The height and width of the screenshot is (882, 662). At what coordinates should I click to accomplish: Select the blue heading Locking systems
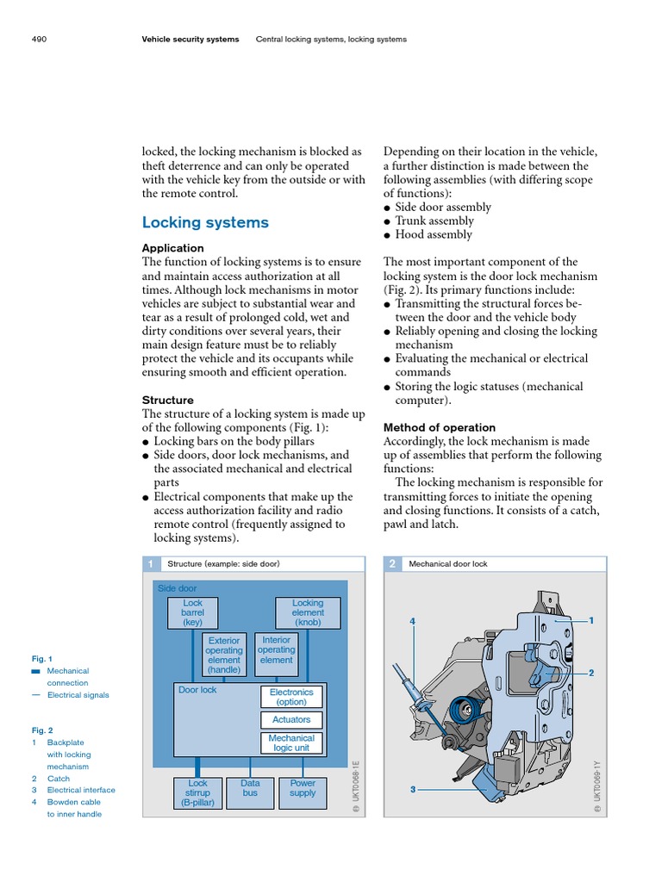tap(205, 223)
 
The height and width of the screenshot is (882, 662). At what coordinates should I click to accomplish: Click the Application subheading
tap(172, 248)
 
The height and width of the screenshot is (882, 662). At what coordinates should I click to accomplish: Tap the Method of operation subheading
tap(439, 427)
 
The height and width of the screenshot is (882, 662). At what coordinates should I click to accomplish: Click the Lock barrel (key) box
tap(192, 612)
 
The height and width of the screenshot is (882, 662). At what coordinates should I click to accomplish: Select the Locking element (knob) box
tap(308, 612)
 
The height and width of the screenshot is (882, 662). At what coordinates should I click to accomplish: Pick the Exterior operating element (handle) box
tap(224, 655)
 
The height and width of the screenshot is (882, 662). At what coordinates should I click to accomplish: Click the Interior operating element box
tap(276, 650)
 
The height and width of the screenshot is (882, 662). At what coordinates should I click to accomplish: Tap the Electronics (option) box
tap(291, 697)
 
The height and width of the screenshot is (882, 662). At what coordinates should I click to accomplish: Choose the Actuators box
tap(291, 720)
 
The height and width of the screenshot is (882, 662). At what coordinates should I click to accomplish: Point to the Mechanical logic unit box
tap(291, 743)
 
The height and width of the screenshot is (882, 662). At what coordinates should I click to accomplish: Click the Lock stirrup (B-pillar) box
tap(198, 793)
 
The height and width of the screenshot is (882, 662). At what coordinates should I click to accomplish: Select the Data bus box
tap(250, 789)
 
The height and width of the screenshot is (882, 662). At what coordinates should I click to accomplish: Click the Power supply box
tap(303, 789)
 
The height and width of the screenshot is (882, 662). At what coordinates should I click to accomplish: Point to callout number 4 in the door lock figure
tap(413, 621)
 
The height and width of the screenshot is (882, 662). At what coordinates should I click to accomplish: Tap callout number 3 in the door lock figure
tap(414, 788)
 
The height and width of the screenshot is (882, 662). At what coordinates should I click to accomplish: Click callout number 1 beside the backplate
tap(591, 620)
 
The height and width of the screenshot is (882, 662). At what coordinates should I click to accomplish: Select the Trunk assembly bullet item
tap(434, 220)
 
